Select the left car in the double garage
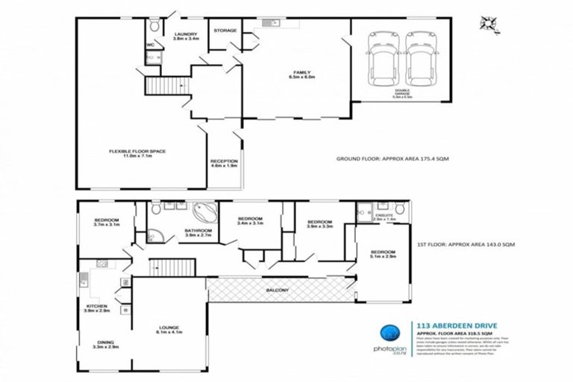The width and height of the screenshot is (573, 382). tap(383, 60)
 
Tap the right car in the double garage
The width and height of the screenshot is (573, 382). tap(420, 60)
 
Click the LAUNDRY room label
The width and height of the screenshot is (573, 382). tap(185, 37)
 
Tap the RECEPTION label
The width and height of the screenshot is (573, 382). tap(224, 163)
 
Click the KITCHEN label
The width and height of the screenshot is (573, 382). tap(96, 307)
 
